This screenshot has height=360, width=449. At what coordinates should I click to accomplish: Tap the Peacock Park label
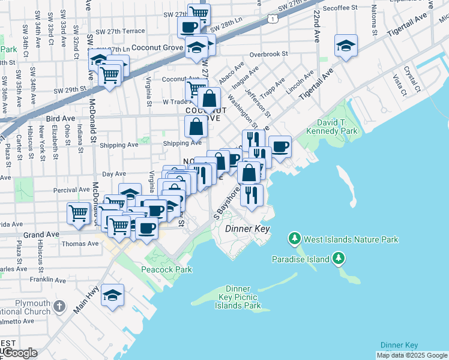[x=167, y=269]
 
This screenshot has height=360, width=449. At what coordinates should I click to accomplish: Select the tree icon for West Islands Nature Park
[x=294, y=239]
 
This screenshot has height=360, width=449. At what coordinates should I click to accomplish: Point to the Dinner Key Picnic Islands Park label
[x=238, y=298]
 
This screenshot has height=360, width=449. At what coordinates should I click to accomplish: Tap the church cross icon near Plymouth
[x=59, y=307]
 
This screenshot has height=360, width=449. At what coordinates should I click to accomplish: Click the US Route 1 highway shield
[x=273, y=20]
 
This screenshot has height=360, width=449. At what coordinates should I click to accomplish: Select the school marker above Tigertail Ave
[x=346, y=47]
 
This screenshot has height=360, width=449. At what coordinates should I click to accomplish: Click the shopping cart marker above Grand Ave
[x=79, y=213]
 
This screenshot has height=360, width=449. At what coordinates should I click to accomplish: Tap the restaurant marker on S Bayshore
[x=251, y=195]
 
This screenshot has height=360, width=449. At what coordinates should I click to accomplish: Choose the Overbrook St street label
[x=269, y=53]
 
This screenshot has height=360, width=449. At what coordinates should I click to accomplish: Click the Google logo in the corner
[x=20, y=353]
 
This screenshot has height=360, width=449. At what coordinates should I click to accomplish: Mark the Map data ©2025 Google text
[x=411, y=355]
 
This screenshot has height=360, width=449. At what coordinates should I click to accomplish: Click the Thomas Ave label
[x=80, y=244]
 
